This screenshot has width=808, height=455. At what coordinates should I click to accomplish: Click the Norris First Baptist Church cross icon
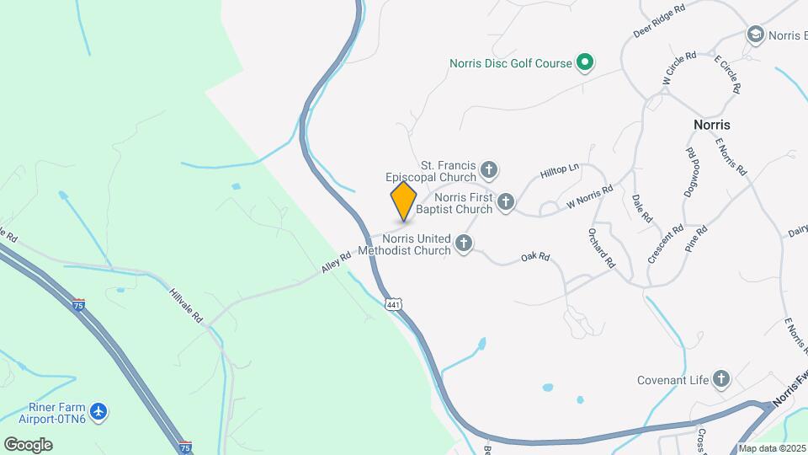click(x=506, y=201)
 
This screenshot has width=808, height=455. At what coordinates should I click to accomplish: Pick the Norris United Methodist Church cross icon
click(x=463, y=244)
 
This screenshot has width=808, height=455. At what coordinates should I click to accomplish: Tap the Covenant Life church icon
click(x=721, y=379)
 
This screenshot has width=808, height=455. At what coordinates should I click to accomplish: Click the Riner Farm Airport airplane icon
click(x=100, y=412)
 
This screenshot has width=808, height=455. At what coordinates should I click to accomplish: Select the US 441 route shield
click(x=393, y=303)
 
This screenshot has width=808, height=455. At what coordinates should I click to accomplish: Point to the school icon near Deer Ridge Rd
click(x=755, y=34)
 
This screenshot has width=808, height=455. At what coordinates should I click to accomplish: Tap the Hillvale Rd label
click(x=187, y=302)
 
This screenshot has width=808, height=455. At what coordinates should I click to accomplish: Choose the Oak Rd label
click(x=534, y=256)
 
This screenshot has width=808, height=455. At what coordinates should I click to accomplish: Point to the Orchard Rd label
click(x=602, y=249)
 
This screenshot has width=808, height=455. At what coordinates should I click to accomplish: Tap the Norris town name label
click(x=711, y=125)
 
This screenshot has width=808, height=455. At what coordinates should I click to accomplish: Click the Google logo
click(x=28, y=444)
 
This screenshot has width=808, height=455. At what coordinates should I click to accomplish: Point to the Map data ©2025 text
click(x=772, y=448)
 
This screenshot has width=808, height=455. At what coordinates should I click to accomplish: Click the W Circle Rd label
click(x=678, y=68)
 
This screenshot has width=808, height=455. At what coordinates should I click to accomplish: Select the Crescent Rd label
click(x=665, y=244)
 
